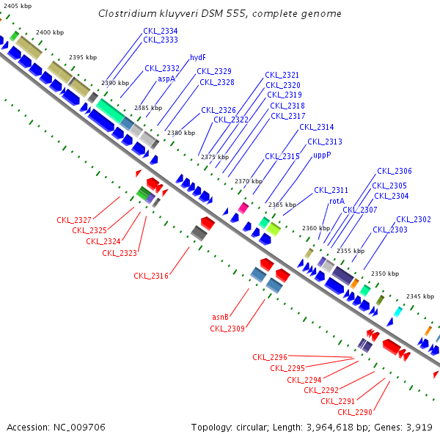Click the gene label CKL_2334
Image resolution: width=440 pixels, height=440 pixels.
pyautogui.click(x=160, y=31)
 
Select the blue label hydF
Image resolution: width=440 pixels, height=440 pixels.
pyautogui.click(x=197, y=57)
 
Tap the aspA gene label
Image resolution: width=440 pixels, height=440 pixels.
pyautogui.click(x=166, y=78)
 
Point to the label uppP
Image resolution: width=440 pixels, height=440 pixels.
pyautogui.click(x=322, y=155)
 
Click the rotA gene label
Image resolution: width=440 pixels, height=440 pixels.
pyautogui.click(x=337, y=200)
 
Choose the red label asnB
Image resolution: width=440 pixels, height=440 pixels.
pyautogui.click(x=220, y=317)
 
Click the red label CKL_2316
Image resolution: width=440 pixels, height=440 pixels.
pyautogui.click(x=151, y=276)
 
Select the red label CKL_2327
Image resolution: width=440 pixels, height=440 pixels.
pyautogui.click(x=74, y=220)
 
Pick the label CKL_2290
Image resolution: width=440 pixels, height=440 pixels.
pyautogui.click(x=355, y=412)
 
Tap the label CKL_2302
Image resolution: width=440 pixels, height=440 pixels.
pyautogui.click(x=414, y=219)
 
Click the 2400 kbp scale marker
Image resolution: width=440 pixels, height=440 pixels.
pyautogui.click(x=49, y=32)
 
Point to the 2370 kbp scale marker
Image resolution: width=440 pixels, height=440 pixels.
pyautogui.click(x=248, y=181)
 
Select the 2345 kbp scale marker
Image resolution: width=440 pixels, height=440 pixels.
pyautogui.click(x=420, y=296)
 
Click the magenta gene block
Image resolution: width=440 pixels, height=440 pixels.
pyautogui.click(x=243, y=208)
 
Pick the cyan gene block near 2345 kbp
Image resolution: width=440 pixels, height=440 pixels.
pyautogui.click(x=397, y=312)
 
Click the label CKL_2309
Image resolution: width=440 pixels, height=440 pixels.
pyautogui.click(x=227, y=328)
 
